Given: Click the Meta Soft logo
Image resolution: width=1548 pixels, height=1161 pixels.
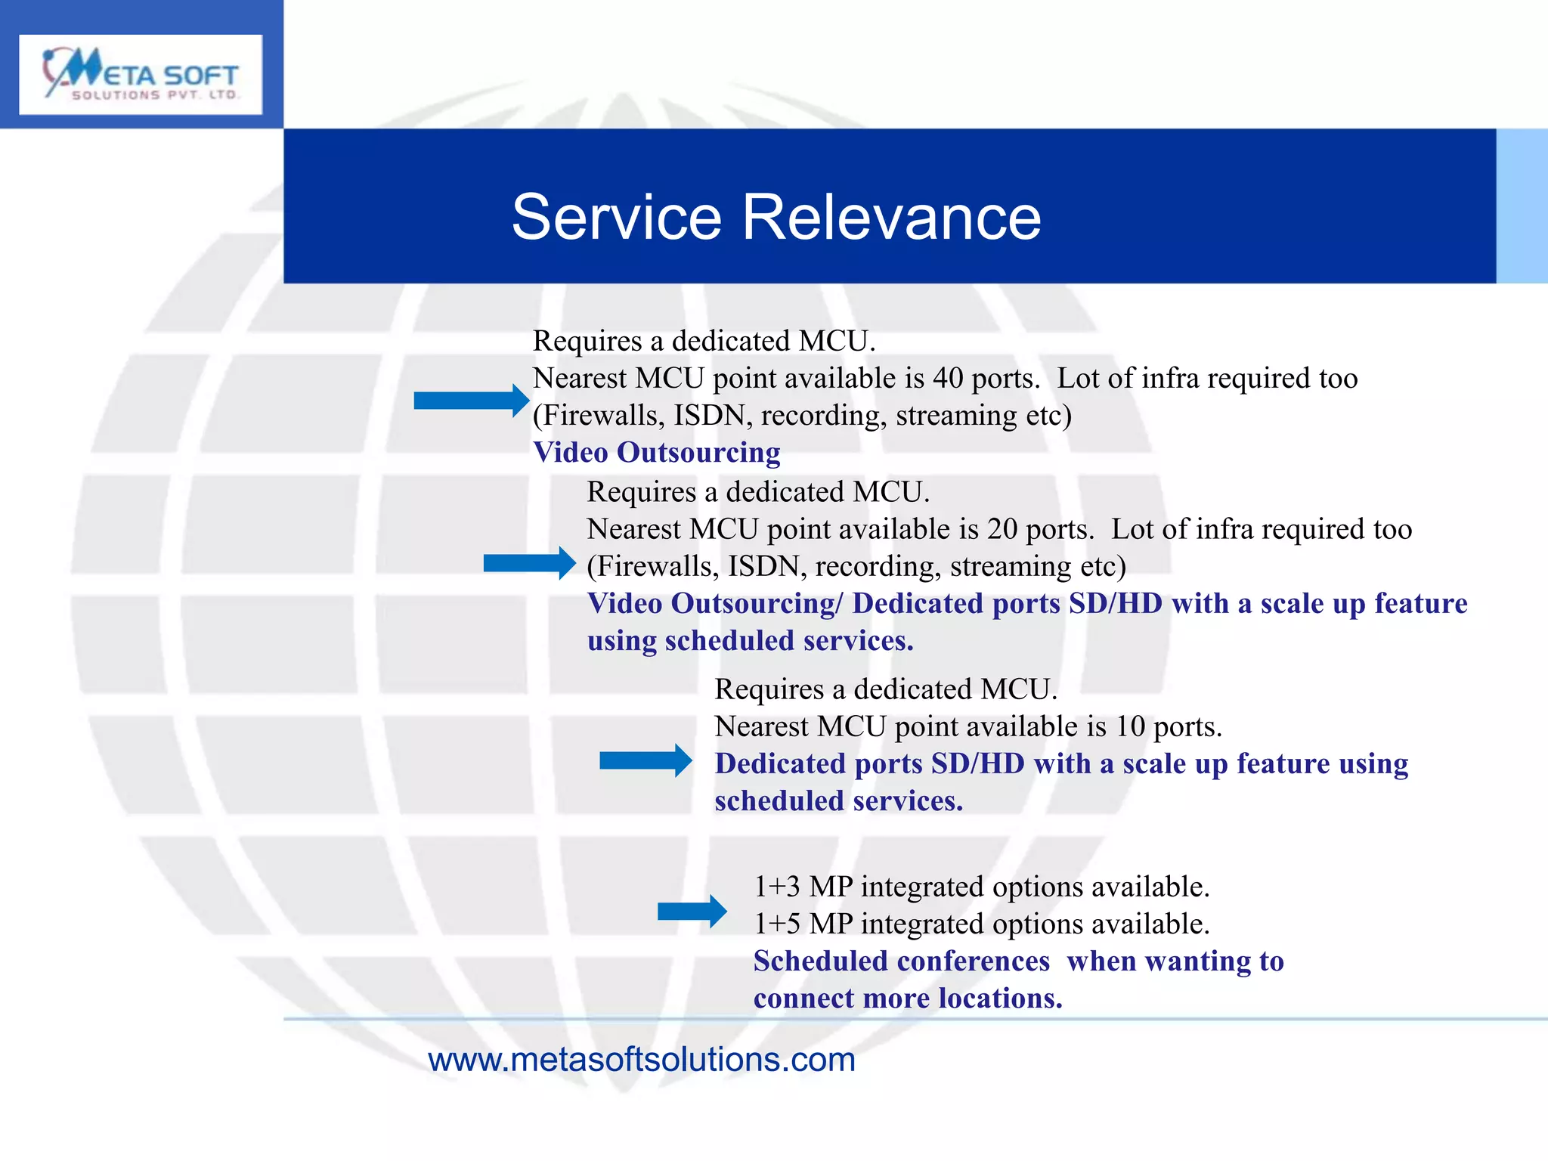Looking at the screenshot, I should coord(141,74).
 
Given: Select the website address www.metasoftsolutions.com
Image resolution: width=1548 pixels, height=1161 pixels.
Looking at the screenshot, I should coord(641,1060).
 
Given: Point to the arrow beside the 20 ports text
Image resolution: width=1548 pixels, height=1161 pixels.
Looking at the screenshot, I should coord(529,563).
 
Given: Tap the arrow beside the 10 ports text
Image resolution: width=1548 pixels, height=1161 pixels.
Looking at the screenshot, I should coord(646,760).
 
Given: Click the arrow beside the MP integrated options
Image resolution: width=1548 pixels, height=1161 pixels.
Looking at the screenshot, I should coord(692,911).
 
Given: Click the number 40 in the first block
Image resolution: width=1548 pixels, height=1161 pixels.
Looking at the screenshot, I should coord(947,378).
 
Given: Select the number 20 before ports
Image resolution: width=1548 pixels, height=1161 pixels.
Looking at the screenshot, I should coord(1002,529).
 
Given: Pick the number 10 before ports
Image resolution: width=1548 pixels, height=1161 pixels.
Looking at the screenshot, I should coord(1130,726).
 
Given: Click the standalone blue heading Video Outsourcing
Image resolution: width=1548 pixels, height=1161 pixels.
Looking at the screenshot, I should coord(656,452).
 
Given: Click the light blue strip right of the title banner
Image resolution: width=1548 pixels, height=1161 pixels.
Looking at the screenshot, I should coord(1522,206).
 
